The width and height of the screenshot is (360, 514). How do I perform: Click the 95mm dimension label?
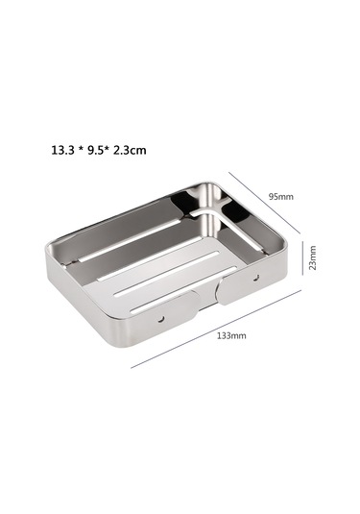pos(281,195)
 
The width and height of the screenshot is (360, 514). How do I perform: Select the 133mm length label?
pos(231,336)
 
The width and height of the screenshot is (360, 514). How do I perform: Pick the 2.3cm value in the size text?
pos(139,151)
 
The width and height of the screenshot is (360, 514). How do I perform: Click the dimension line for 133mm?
pos(216,329)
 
